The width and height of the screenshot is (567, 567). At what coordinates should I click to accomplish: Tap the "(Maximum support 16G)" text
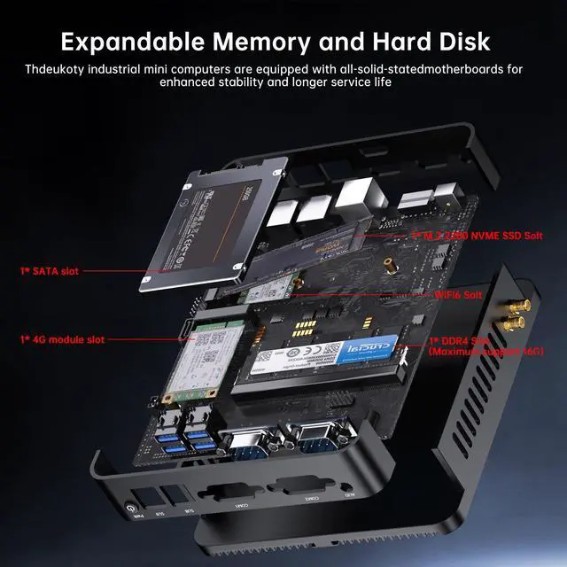point(486,352)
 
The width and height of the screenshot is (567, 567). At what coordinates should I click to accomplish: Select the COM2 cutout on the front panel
point(297,487)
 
